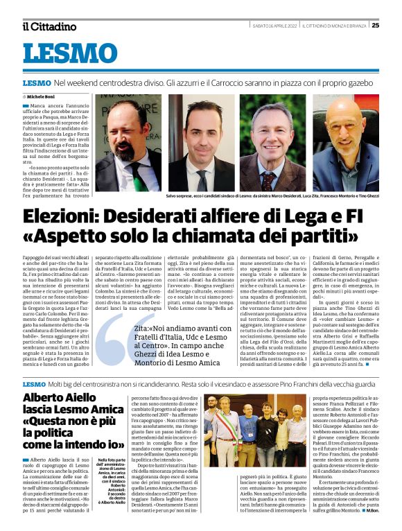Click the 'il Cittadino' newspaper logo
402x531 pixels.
[x=49, y=26]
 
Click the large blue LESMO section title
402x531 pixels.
[x=70, y=53]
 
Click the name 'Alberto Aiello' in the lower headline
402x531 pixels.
[x=60, y=398]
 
